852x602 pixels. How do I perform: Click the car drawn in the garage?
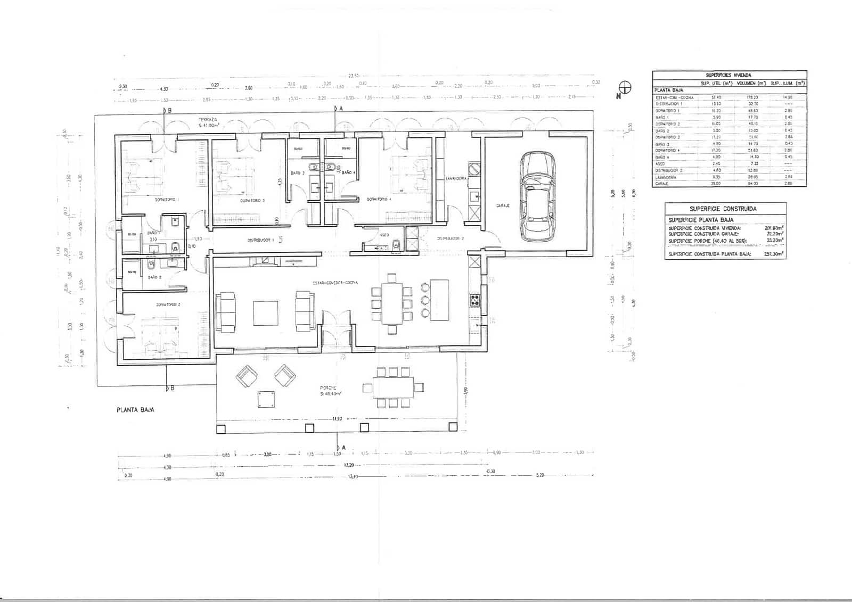[538, 196]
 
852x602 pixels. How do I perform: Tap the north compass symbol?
[625, 88]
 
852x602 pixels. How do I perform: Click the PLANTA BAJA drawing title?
[135, 410]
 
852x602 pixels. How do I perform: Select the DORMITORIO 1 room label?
[167, 200]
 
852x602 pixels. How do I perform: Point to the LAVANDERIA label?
[456, 178]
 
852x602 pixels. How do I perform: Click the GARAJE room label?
[503, 205]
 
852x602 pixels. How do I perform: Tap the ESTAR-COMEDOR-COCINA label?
[335, 282]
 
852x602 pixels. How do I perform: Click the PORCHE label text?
[328, 388]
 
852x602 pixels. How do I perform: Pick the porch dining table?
[393, 387]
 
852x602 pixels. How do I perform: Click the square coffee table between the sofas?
[265, 313]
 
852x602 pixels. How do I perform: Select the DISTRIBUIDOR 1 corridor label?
[260, 240]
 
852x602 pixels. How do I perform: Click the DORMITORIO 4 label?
[379, 200]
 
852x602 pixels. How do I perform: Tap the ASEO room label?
[384, 235]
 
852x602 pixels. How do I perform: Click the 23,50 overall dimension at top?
[353, 76]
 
